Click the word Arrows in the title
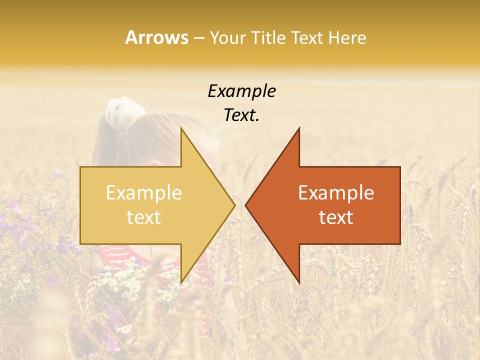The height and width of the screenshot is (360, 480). tap(156, 37)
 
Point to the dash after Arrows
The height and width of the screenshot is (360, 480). tap(198, 38)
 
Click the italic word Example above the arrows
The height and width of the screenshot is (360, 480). tap(241, 91)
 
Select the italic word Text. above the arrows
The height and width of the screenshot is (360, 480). tap(241, 115)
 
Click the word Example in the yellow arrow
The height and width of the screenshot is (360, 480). tap(143, 192)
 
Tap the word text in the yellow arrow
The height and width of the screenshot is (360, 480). tap(143, 217)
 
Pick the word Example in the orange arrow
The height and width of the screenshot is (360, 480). tap(336, 192)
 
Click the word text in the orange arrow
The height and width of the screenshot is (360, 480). tap(336, 217)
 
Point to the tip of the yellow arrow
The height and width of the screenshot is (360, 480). tap(234, 205)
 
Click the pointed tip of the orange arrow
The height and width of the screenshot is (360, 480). tap(246, 205)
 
